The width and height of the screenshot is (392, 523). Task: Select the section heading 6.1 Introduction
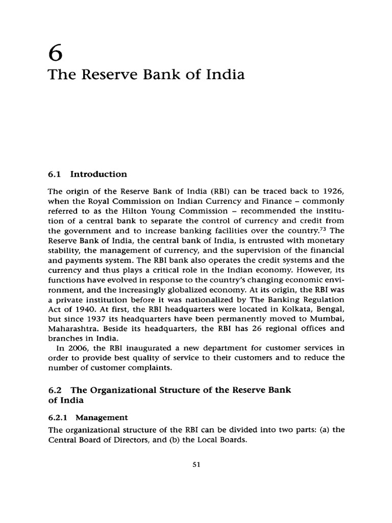(x=87, y=174)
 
